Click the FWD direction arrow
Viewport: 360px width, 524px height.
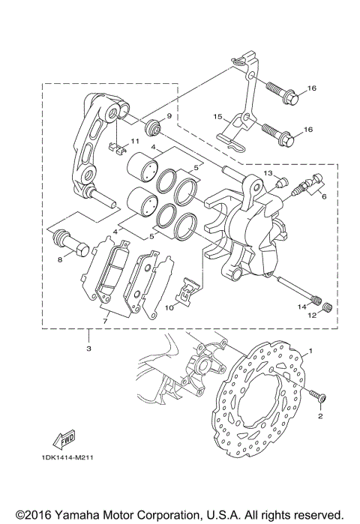[63, 438]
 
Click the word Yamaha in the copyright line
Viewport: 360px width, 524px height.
[77, 514]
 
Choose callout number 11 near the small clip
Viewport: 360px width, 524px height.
[136, 141]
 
